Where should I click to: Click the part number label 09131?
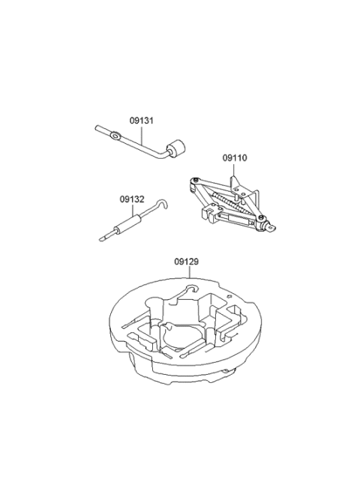(x=142, y=121)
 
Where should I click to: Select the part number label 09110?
(x=235, y=158)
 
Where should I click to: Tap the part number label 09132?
(x=132, y=199)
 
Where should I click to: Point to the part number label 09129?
(x=187, y=262)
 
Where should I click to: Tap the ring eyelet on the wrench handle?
(x=116, y=136)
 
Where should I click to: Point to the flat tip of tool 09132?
(x=102, y=239)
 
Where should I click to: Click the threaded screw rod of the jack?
(x=230, y=205)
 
